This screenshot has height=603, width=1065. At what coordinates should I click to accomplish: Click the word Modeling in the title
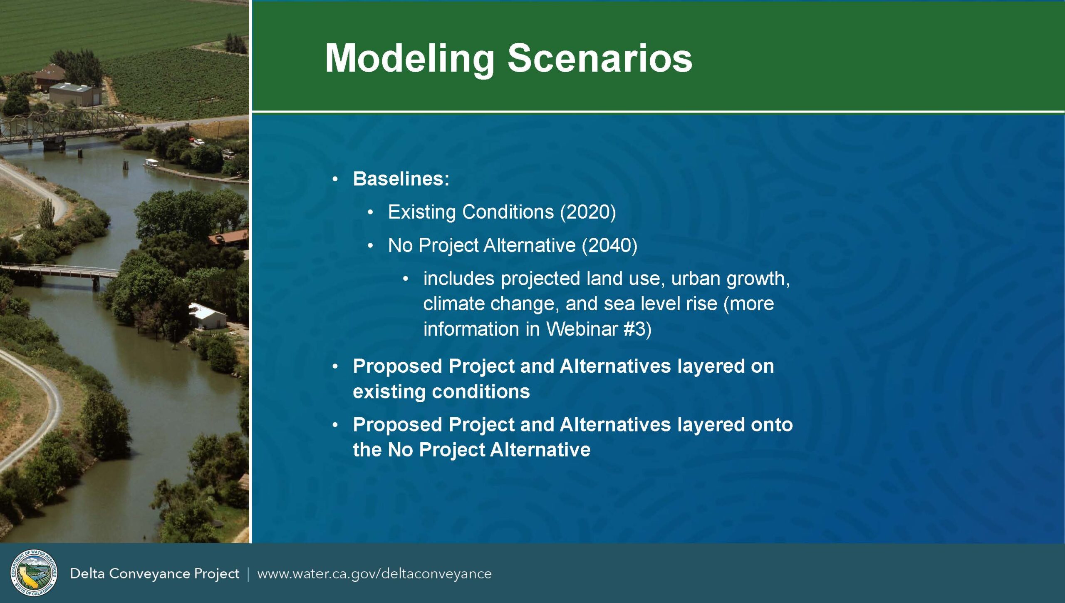410,60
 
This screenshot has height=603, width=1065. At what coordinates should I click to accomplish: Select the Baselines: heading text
401,179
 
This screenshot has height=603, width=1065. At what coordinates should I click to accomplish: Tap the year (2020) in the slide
588,212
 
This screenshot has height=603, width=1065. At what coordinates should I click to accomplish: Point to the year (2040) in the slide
609,245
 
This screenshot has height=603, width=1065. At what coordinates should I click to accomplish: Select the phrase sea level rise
661,304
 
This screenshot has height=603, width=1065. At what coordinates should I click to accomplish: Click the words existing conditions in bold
441,392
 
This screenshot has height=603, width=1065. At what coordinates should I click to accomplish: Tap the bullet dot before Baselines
335,179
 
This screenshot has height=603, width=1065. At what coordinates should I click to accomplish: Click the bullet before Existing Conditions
370,213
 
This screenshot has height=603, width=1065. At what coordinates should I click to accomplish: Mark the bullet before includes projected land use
406,279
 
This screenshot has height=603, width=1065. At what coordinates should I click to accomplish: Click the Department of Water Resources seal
34,573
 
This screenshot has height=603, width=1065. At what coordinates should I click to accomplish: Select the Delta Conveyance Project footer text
154,574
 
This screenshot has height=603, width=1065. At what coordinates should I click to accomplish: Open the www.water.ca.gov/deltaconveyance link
374,574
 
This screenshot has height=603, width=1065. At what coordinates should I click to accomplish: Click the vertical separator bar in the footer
248,574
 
